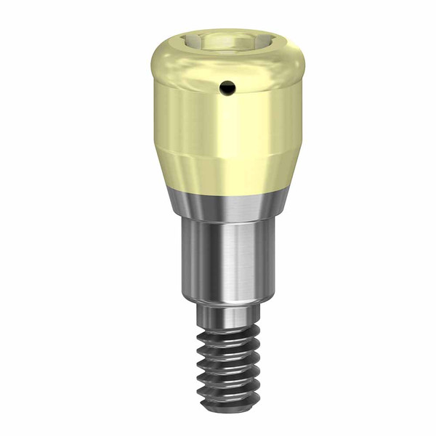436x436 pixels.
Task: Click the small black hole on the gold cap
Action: [228, 87]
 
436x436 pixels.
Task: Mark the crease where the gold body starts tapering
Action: [218, 150]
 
